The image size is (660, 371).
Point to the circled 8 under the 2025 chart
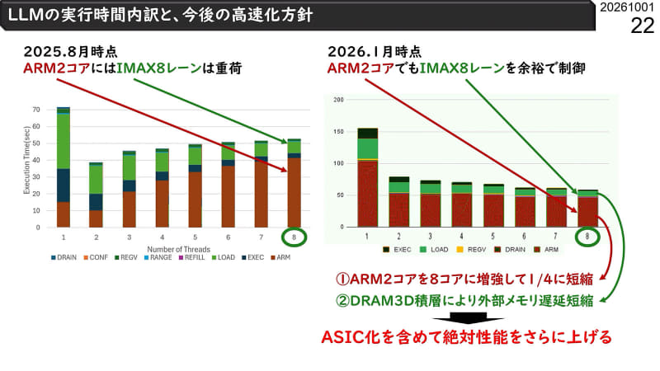(x=294, y=237)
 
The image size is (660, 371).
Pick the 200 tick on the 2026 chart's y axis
(x=338, y=100)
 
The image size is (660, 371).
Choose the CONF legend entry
(x=97, y=257)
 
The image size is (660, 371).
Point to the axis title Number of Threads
(x=177, y=247)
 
